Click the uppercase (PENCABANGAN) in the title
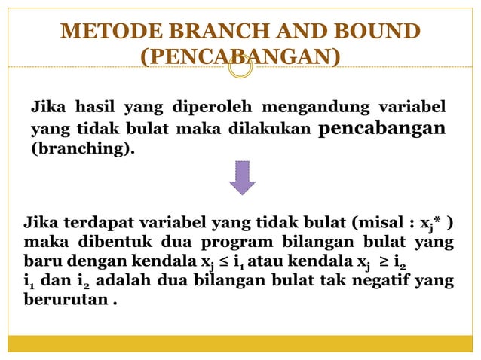(x=240, y=57)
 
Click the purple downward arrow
(x=241, y=178)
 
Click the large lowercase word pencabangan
(x=382, y=127)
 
